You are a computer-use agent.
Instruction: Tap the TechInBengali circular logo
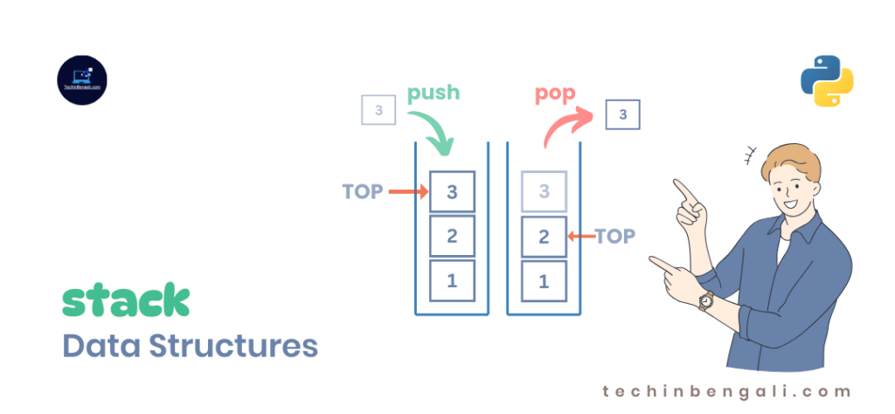(81, 81)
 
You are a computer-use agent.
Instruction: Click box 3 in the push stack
(452, 192)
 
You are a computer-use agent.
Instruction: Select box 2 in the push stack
(452, 236)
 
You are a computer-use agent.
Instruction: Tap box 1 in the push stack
(452, 281)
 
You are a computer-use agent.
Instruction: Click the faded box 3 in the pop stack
(544, 192)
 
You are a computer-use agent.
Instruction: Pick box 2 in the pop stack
(544, 236)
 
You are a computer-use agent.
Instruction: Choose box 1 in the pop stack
(544, 281)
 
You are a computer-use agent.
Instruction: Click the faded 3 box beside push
(378, 111)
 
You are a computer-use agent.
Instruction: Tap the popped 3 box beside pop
(622, 114)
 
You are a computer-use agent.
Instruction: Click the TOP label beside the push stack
(363, 192)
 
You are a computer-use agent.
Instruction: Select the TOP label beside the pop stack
(614, 236)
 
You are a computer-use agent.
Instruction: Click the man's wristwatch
(705, 300)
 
